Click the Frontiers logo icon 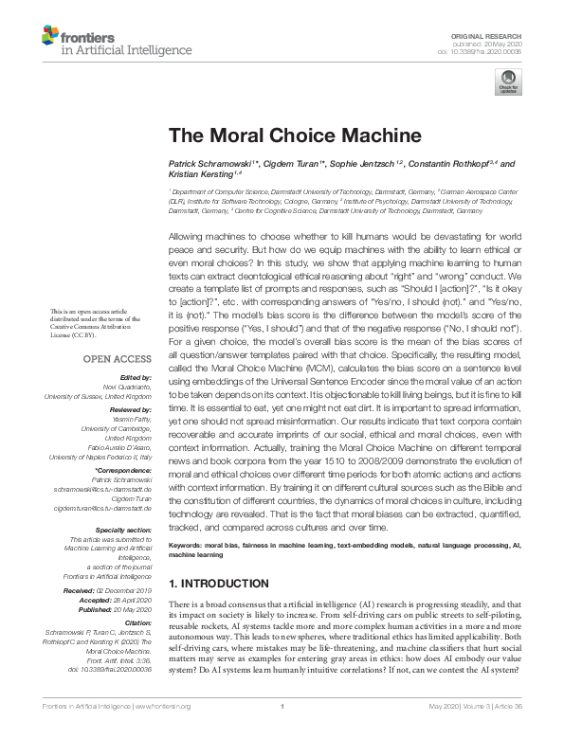[49, 37]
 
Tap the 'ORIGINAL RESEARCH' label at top [497, 34]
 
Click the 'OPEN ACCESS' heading [118, 359]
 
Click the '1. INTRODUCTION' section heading [218, 583]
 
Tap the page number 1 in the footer [282, 732]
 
